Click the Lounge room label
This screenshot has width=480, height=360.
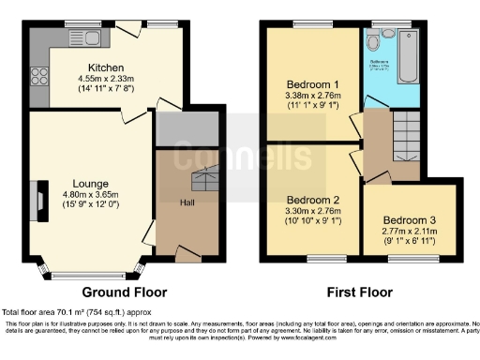(66, 185)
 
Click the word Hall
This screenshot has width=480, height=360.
(187, 200)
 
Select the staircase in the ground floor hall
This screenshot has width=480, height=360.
(202, 180)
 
